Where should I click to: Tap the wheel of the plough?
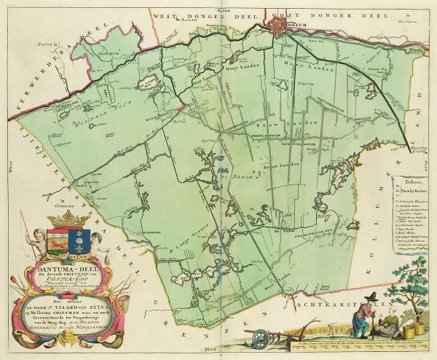click(259, 319)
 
